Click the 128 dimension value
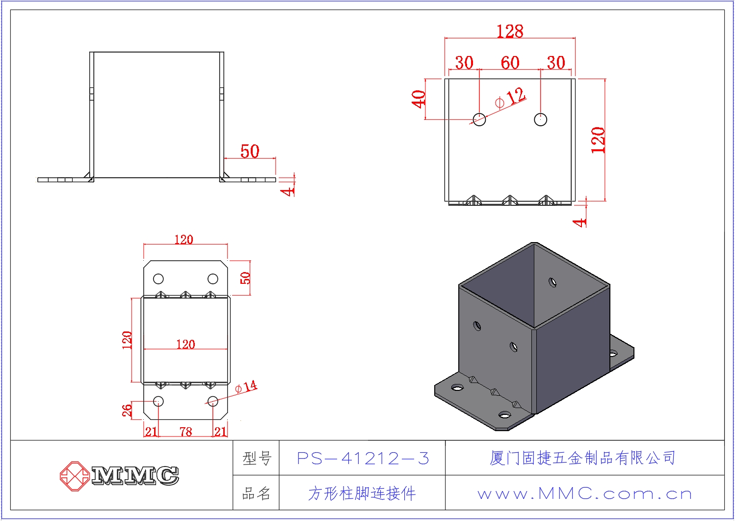(x=510, y=31)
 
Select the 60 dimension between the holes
(x=510, y=63)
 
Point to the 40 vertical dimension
(x=419, y=99)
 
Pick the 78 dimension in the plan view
(x=185, y=432)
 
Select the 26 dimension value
(x=127, y=410)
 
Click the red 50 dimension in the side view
(x=250, y=151)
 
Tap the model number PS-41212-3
(x=363, y=459)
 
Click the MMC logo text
(x=135, y=475)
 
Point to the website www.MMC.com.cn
(x=584, y=494)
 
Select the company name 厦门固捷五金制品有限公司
(x=582, y=458)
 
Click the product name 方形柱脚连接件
(x=362, y=494)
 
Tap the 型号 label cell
(x=257, y=459)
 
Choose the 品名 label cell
(x=257, y=494)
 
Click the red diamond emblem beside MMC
(x=74, y=475)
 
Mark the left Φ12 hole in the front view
(x=479, y=119)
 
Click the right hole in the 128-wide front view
(x=540, y=119)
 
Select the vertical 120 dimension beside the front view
(x=598, y=140)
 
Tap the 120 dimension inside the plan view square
(x=185, y=344)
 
